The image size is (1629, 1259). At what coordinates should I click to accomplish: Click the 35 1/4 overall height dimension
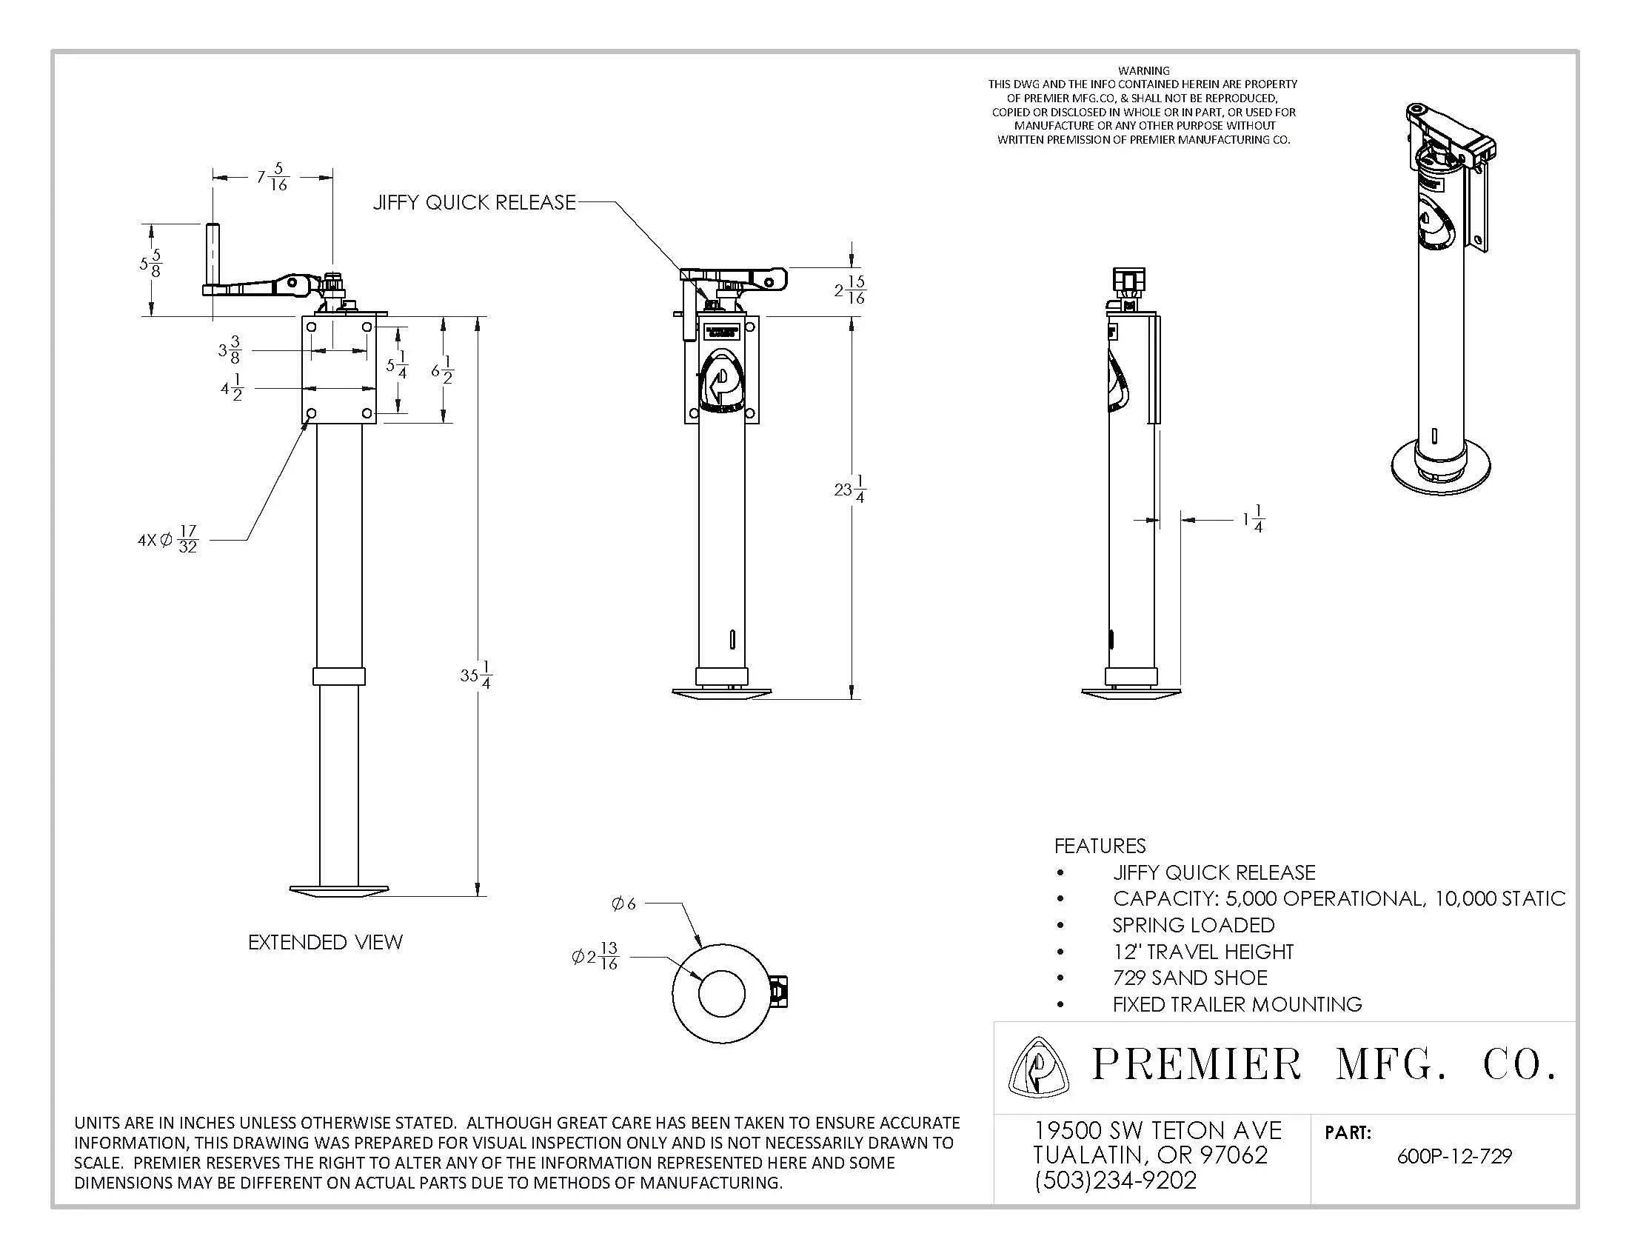point(475,675)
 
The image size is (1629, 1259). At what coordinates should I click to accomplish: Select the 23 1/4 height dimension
point(849,490)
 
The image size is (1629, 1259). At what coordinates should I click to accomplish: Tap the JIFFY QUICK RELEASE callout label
point(475,202)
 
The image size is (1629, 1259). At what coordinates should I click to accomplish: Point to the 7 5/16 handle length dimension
point(272,177)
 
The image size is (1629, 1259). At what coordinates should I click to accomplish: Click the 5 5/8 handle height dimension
point(150,264)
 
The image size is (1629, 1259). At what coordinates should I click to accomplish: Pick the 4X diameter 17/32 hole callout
point(169,539)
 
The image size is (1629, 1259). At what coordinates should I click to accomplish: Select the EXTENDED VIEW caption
point(325,942)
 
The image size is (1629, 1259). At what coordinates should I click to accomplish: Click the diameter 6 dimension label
point(623,904)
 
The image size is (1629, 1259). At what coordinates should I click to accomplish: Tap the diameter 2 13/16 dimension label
point(595,956)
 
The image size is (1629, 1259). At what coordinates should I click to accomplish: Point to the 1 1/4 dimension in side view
point(1253,519)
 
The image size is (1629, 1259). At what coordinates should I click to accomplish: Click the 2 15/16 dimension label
point(849,290)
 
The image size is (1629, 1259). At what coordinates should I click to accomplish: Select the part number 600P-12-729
point(1454,1157)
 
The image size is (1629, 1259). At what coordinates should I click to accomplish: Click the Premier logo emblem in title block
point(1037,1067)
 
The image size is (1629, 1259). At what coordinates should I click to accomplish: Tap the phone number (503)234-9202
point(1115,1180)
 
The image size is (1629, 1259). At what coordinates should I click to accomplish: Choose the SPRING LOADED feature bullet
point(1193,925)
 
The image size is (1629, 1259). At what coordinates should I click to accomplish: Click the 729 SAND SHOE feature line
point(1190,978)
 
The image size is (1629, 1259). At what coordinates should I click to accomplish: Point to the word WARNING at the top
point(1143,71)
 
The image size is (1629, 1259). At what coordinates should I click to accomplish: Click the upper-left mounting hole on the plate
point(312,327)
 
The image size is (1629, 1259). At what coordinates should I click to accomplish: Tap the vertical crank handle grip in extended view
point(213,253)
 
